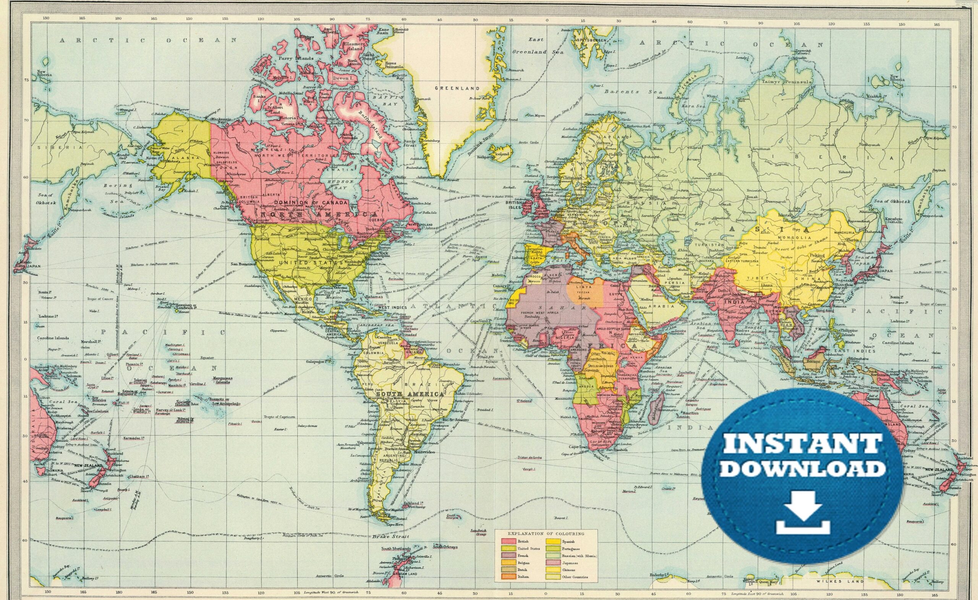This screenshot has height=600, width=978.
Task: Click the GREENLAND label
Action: [x=457, y=88]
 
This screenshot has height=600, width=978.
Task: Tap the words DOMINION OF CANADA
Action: [x=311, y=202]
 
